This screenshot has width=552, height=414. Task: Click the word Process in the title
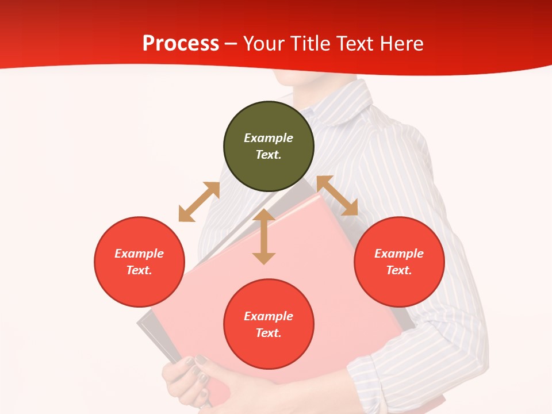pos(181,44)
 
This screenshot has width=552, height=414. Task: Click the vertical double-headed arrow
pos(264,236)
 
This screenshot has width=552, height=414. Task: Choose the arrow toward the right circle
pos(338,195)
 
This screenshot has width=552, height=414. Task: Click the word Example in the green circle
pos(269,138)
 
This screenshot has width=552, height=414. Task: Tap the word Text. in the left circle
pos(139,270)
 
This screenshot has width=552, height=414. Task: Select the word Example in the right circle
pos(399,254)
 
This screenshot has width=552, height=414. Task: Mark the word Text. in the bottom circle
pos(269,333)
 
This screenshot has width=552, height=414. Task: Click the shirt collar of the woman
pos(345,106)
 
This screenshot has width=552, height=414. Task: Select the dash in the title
pos(231,44)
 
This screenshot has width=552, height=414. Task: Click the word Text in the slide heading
pos(353,44)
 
